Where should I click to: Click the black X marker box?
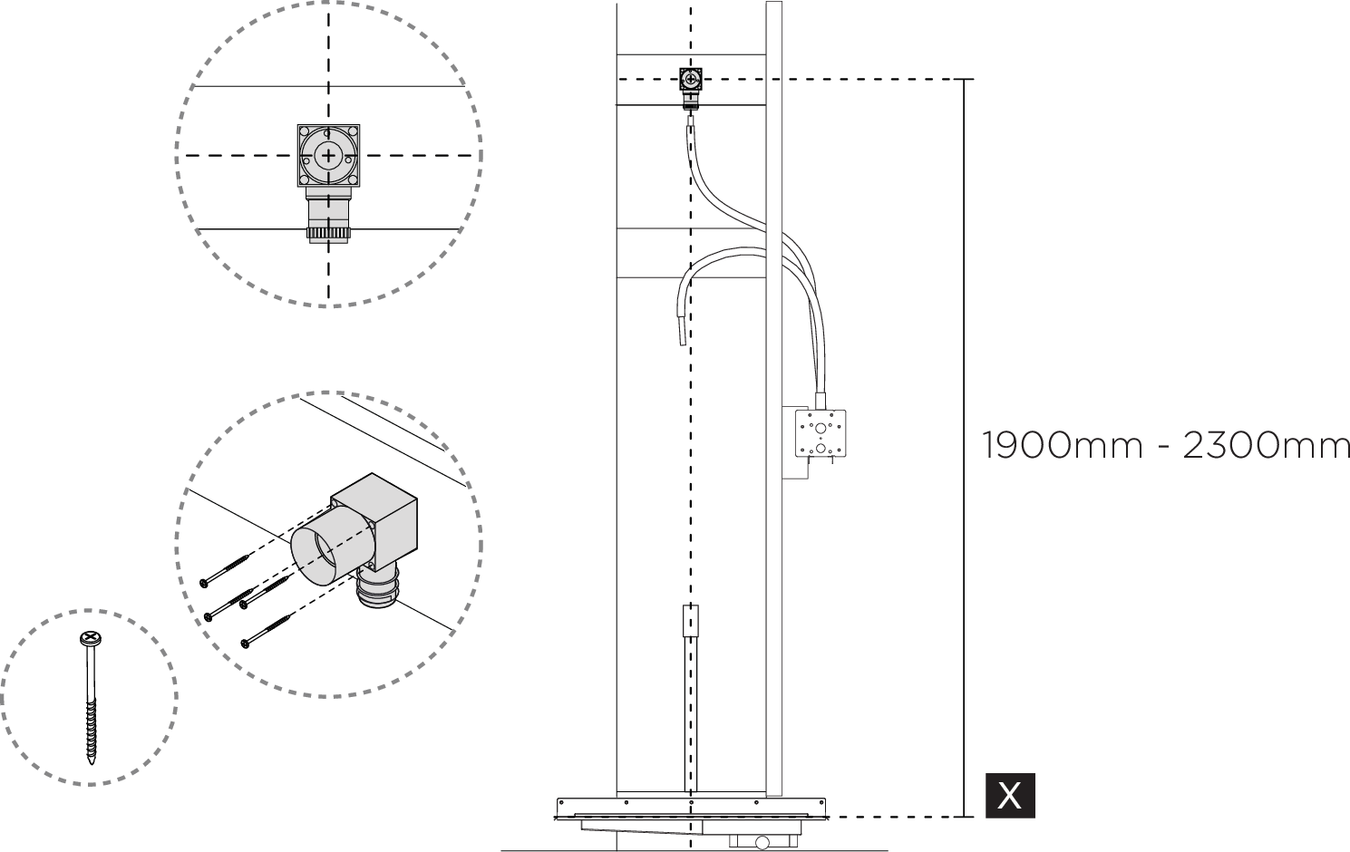(x=1010, y=795)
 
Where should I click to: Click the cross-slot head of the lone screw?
(x=89, y=639)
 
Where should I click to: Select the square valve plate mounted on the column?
(x=821, y=433)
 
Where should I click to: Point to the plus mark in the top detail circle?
(x=328, y=156)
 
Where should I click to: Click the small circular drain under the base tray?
(x=762, y=843)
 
